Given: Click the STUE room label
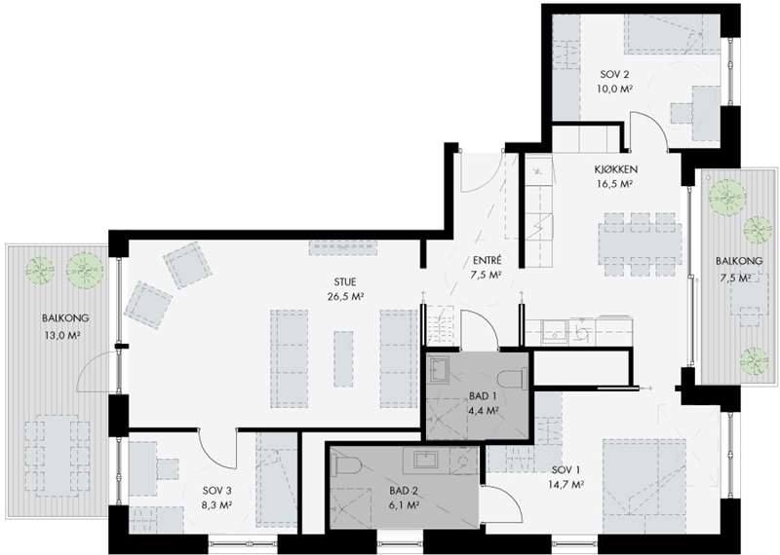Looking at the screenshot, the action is pyautogui.click(x=345, y=282).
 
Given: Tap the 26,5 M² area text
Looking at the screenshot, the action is pyautogui.click(x=345, y=297).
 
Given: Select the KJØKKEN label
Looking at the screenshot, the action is pyautogui.click(x=616, y=169).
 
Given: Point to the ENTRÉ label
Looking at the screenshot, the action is pyautogui.click(x=487, y=260).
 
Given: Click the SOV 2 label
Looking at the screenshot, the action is pyautogui.click(x=614, y=75).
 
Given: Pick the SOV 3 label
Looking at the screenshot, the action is pyautogui.click(x=216, y=491).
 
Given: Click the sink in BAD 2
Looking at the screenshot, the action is pyautogui.click(x=426, y=460).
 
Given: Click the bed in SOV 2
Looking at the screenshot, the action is pyautogui.click(x=672, y=33).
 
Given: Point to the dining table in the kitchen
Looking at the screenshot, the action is pyautogui.click(x=640, y=244).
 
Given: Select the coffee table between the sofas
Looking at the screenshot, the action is pyautogui.click(x=344, y=358).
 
